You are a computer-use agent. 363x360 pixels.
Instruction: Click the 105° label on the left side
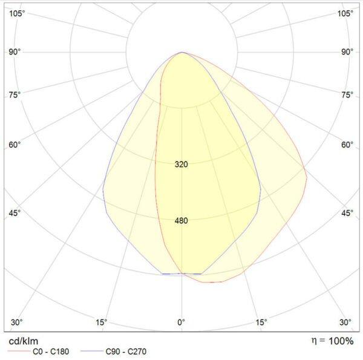[x=17, y=13]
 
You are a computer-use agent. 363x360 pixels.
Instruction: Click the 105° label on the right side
[x=345, y=13]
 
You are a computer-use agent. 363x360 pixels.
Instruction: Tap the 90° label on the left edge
[x=15, y=51]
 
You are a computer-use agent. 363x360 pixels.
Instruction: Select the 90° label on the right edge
[x=347, y=51]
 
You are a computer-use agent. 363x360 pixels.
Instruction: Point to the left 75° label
[x=15, y=94]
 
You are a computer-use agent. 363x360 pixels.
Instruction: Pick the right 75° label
[x=347, y=94]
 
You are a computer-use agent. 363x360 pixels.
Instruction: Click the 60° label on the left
[x=15, y=145]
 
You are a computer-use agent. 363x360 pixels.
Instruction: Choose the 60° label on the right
[x=347, y=145]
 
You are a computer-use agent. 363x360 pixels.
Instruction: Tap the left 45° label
[x=15, y=213]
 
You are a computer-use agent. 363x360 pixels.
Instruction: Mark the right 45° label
[x=347, y=213]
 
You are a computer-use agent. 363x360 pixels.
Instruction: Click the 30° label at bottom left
[x=17, y=322]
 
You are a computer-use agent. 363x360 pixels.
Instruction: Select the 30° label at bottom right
[x=345, y=322]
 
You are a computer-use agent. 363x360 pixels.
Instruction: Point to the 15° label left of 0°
[x=101, y=322]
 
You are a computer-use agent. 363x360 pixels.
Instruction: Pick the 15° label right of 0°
[x=261, y=322]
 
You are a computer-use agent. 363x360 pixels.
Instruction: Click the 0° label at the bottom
[x=181, y=322]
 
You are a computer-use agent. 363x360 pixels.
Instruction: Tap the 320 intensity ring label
[x=181, y=165]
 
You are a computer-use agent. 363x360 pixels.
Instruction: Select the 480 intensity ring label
[x=181, y=221]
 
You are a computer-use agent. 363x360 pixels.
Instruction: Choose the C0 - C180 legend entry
[x=48, y=352]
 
